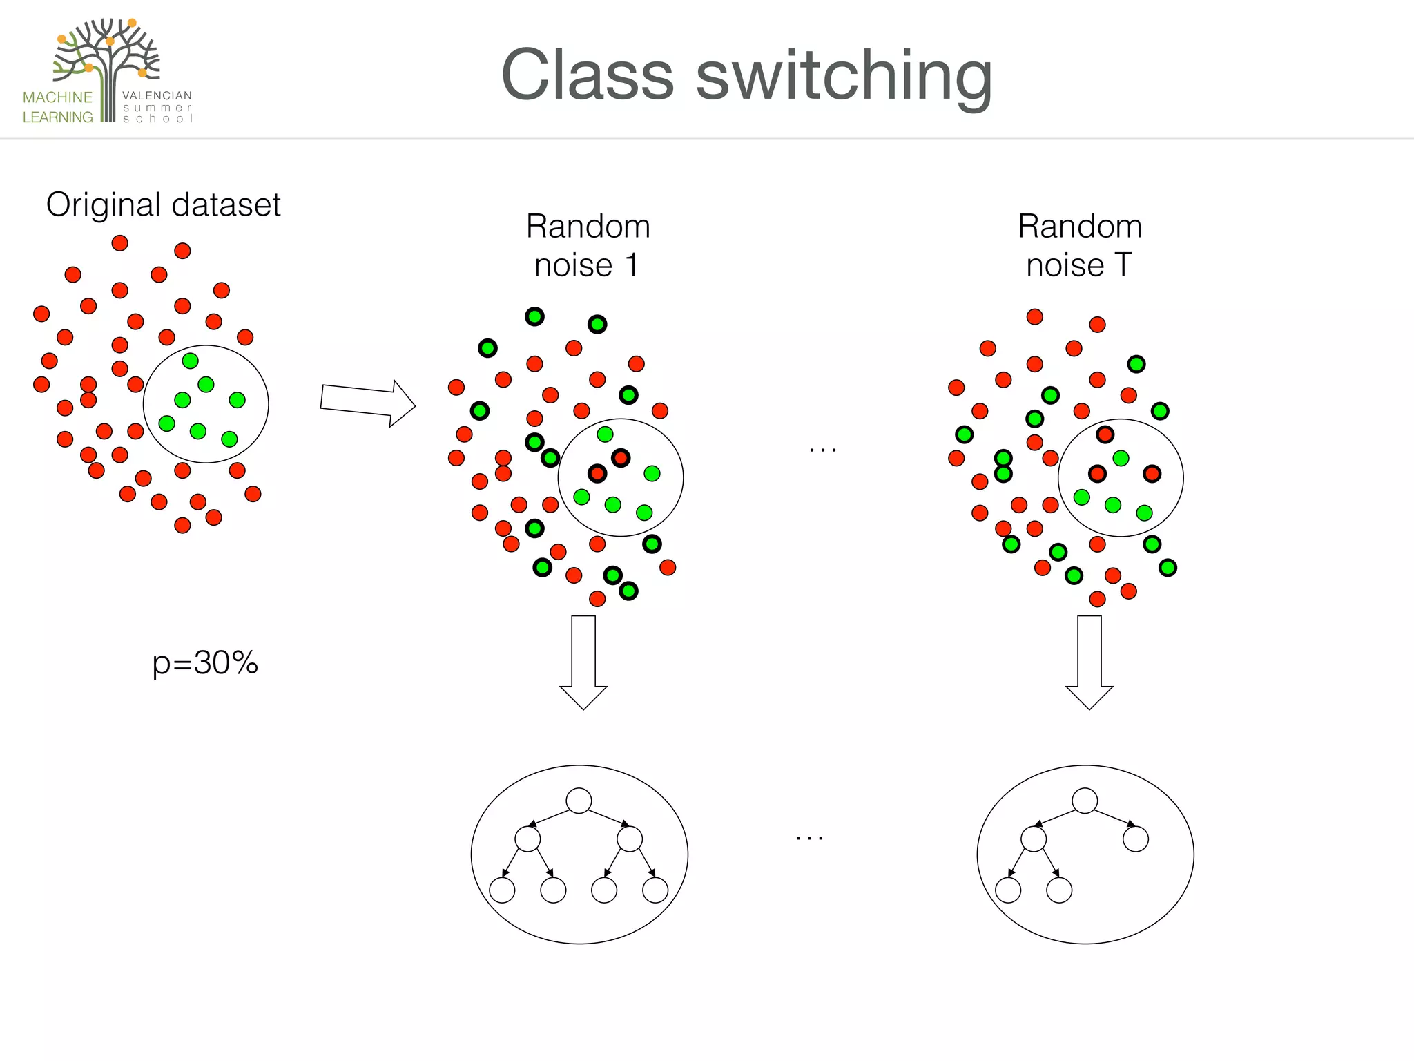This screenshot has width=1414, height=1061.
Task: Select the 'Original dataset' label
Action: pos(163,204)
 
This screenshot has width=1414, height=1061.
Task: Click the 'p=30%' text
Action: pos(205,662)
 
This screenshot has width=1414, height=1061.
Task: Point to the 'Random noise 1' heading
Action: pos(588,245)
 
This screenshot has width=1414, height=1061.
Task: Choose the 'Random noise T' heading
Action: pos(1079,245)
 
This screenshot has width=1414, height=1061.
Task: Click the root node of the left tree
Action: pos(579,801)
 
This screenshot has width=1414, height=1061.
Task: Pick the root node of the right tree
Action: pos(1085,801)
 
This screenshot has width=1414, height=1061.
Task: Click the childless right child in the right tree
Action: pos(1136,839)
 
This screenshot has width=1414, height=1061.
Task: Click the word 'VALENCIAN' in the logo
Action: pos(157,95)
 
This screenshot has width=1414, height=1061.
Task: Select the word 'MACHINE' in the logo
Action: pos(57,97)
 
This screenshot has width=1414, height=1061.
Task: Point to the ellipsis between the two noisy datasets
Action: pos(823,450)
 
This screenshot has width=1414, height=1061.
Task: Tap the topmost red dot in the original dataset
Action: pos(119,243)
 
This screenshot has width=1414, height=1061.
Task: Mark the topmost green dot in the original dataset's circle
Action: pos(190,361)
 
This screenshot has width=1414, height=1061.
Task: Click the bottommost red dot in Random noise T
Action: pos(1097,599)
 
